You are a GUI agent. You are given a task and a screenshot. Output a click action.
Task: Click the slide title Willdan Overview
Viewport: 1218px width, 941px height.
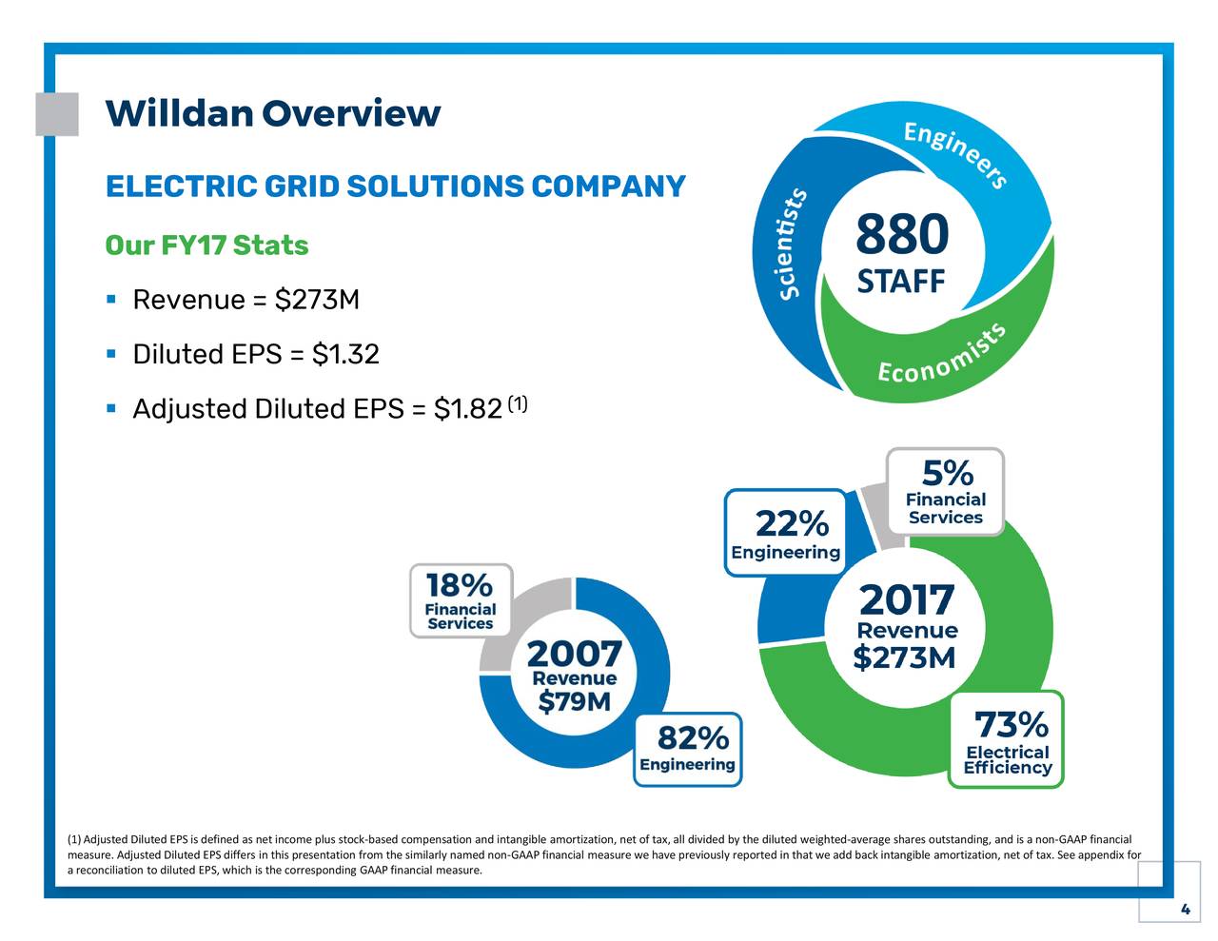272,114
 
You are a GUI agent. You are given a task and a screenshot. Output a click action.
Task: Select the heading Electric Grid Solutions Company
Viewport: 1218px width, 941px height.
395,186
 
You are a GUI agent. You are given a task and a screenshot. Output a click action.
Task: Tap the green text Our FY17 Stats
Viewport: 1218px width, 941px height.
206,245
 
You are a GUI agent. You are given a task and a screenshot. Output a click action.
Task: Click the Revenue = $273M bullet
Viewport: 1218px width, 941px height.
246,301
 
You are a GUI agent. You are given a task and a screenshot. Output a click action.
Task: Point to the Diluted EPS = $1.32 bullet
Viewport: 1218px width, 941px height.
255,355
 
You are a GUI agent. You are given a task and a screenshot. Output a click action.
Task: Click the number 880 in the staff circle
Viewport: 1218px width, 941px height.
901,235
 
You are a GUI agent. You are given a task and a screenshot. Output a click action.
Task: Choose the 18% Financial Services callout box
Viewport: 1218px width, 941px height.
461,600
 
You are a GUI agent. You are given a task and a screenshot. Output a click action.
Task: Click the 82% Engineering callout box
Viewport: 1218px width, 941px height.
688,749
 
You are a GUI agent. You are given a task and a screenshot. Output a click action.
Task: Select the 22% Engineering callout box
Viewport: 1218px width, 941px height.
786,533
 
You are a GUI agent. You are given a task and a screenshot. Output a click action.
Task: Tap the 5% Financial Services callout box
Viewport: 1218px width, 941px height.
945,492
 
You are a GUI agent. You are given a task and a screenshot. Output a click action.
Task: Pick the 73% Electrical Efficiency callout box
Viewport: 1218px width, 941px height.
1007,740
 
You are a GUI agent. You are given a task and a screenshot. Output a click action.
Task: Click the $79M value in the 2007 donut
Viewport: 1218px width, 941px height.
575,702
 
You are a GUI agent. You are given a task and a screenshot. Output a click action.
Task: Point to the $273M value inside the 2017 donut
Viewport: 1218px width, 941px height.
904,657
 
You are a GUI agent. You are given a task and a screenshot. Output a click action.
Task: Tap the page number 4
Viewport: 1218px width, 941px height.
1185,911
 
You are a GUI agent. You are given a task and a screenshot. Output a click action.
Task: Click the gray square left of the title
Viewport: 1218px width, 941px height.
57,114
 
